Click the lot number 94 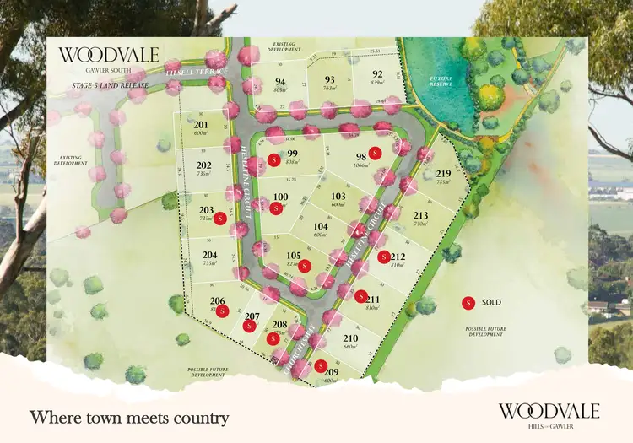[x=280, y=82]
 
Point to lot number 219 [x=443, y=174]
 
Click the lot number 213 [x=421, y=215]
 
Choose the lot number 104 [x=320, y=227]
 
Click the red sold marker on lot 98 [x=376, y=153]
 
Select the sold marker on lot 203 [x=220, y=218]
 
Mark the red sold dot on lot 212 [x=384, y=257]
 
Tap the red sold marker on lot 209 [x=321, y=365]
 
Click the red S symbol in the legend [x=468, y=302]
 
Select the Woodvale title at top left [x=108, y=56]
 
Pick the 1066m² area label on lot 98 [x=361, y=166]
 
